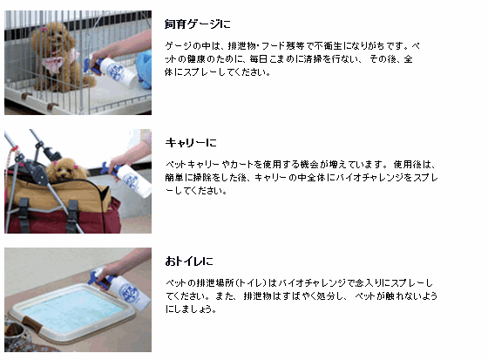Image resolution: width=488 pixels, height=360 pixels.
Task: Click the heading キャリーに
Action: point(191,142)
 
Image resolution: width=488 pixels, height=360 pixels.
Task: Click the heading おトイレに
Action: point(189,261)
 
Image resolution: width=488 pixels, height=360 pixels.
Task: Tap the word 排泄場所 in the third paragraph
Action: point(213,284)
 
